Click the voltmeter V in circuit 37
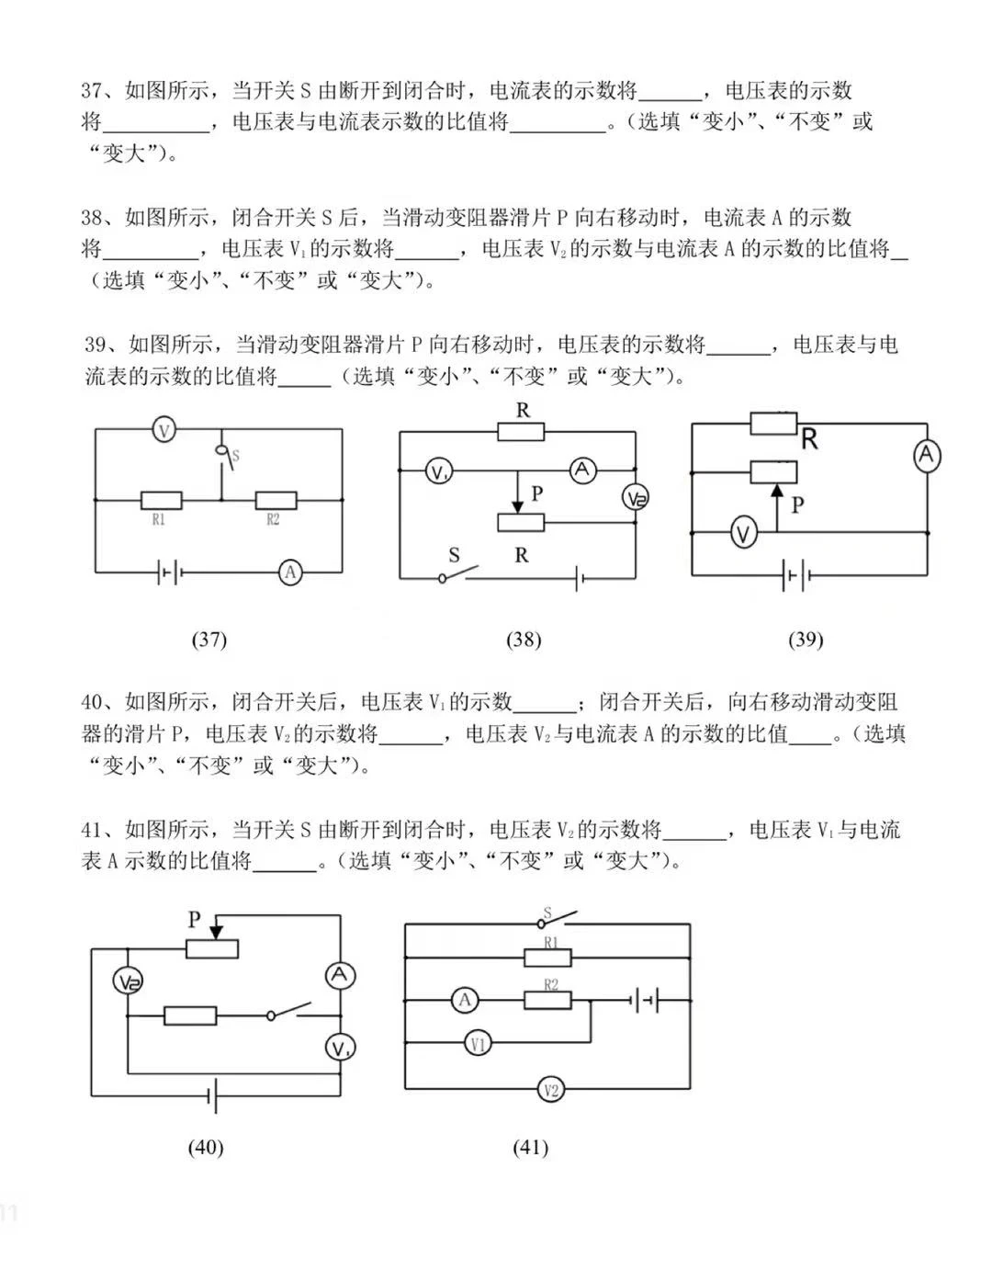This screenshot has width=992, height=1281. coord(163,429)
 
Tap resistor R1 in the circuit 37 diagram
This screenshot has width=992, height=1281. coord(161,501)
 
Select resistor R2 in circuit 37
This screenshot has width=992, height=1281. coord(275,501)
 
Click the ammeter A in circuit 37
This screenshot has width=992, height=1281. coord(290,572)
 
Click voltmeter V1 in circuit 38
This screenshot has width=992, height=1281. coord(438,472)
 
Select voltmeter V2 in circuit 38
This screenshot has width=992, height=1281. coord(635,497)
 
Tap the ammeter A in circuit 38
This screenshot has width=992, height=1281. coord(581,470)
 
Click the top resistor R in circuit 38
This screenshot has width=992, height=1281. coord(521,432)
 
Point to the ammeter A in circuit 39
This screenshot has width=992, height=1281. coord(927,455)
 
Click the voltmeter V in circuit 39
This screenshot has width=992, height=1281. coord(744,532)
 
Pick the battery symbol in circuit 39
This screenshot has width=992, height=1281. coord(795,577)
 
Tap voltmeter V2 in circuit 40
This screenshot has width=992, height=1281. coord(128,982)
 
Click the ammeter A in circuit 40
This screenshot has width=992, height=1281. coord(340,975)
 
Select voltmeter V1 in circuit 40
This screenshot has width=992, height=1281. coord(340,1047)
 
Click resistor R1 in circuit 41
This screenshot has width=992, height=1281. coord(547,958)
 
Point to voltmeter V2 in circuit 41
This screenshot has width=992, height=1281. coord(550,1090)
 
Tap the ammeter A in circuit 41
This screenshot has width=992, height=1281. coord(465,1000)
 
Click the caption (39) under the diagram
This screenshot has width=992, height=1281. coord(806,640)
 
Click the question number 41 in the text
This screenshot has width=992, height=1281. coord(90,830)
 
